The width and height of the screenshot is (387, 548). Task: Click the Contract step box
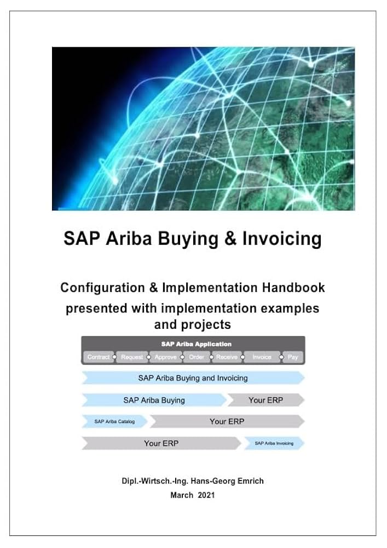(99, 357)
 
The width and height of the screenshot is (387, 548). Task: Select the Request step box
(132, 357)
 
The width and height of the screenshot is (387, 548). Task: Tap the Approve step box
(165, 357)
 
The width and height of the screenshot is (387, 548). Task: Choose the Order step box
(197, 357)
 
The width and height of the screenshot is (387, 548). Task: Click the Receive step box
(227, 357)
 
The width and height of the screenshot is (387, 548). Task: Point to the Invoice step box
(262, 357)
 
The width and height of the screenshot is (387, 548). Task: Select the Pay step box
(293, 357)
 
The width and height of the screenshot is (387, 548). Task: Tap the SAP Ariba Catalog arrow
(114, 421)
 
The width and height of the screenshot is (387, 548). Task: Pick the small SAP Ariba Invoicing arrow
(274, 443)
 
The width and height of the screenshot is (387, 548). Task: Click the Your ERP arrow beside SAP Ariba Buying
(265, 400)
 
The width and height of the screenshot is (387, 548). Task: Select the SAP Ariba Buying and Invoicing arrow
(193, 378)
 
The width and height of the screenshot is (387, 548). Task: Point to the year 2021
(206, 495)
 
